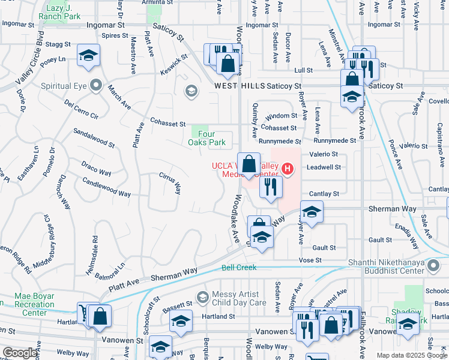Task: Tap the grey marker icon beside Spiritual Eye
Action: point(95,86)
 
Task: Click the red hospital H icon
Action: point(288,170)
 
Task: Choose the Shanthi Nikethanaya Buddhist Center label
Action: point(399,266)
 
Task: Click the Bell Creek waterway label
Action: point(239,267)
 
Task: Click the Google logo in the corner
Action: point(19,352)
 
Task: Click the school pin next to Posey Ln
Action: point(89,56)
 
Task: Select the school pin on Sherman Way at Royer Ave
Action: point(312,212)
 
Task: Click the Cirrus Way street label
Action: point(170,184)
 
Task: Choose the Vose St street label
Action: point(311,261)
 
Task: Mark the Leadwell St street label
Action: point(324,167)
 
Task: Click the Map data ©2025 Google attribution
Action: point(411,355)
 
